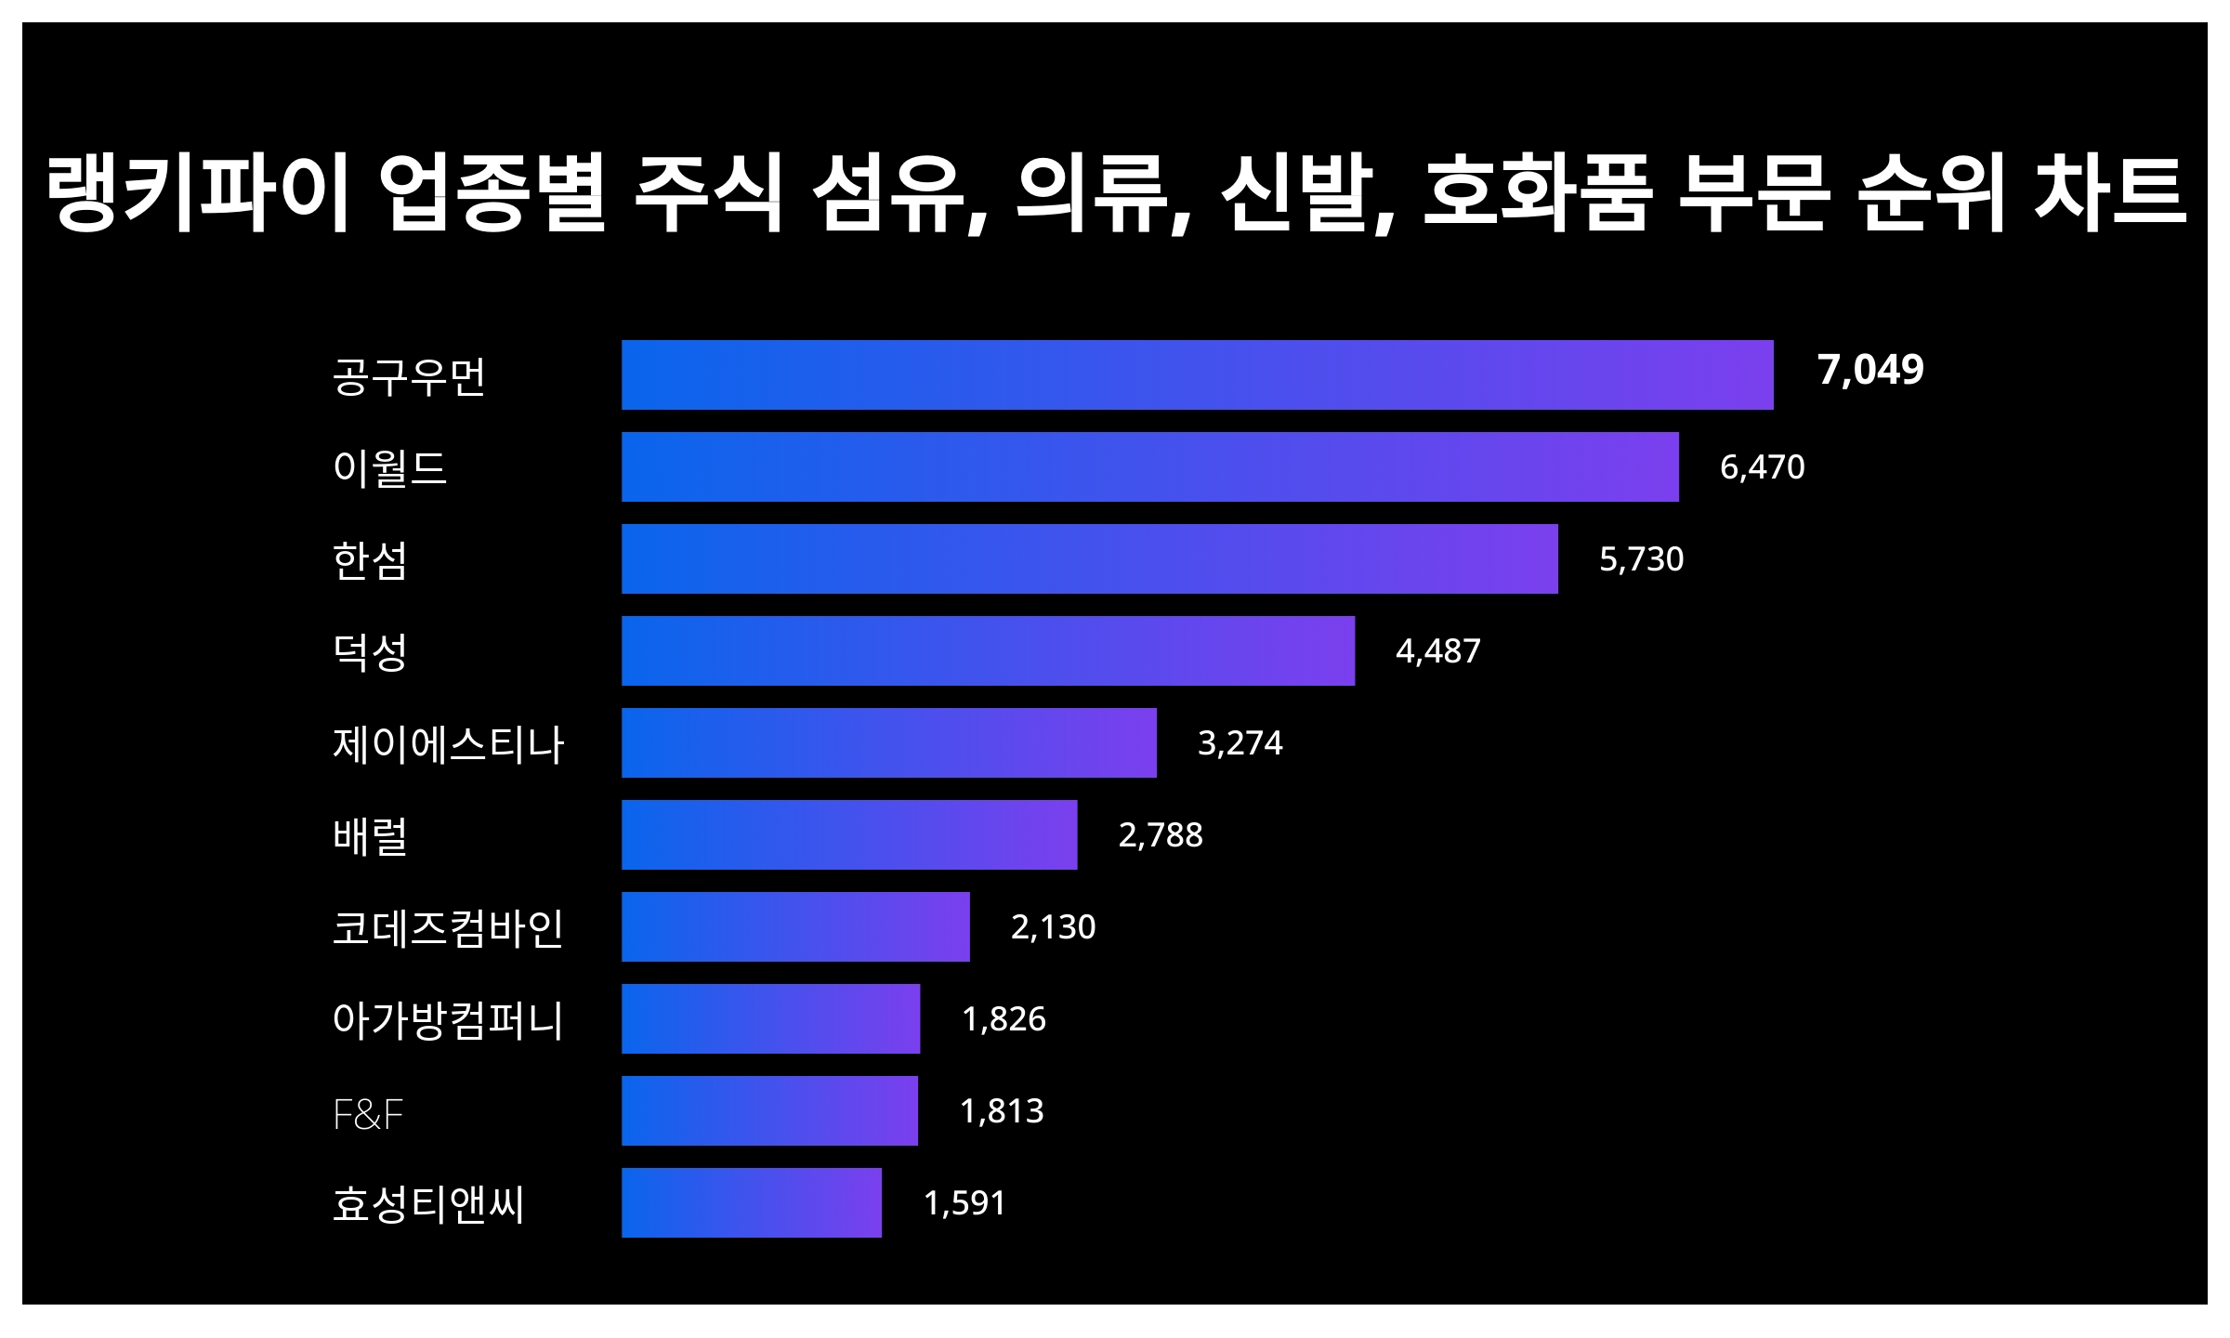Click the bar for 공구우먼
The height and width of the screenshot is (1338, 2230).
click(x=1197, y=374)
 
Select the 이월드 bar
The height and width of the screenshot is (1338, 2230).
click(x=1149, y=466)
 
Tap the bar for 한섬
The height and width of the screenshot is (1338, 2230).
click(x=1089, y=558)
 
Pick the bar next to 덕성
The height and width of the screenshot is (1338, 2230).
click(x=988, y=650)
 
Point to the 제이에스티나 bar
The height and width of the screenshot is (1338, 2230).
click(x=888, y=742)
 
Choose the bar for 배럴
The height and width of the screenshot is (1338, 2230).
click(x=849, y=834)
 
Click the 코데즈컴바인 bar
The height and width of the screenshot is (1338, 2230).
click(x=795, y=926)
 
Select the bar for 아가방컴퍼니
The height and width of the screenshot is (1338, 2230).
click(x=770, y=1018)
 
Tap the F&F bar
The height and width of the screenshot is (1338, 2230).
click(x=769, y=1110)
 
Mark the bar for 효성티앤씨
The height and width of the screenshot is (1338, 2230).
click(x=751, y=1202)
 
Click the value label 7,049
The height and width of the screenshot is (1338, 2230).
click(x=1869, y=370)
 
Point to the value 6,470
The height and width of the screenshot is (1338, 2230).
click(x=1762, y=466)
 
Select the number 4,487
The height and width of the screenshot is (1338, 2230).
click(x=1437, y=650)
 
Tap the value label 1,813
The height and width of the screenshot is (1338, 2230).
click(x=1001, y=1110)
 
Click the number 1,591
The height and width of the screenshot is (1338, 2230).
click(x=964, y=1202)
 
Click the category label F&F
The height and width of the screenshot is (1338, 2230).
click(x=368, y=1114)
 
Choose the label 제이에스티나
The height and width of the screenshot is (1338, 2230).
click(x=448, y=744)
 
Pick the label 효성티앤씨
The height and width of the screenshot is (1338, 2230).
click(x=428, y=1204)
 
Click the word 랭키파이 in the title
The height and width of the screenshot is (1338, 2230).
click(x=198, y=193)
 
